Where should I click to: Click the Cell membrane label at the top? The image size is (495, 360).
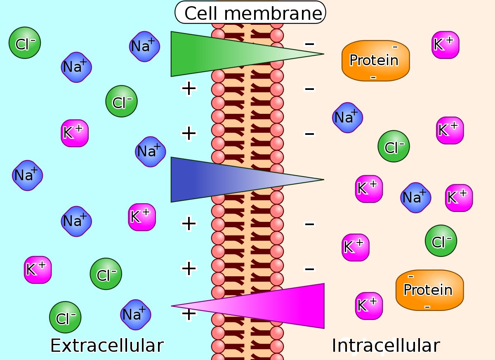point(250,13)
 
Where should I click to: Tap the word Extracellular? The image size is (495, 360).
point(107,345)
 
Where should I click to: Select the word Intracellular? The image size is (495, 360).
point(386,345)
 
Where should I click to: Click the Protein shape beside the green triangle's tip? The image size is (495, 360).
point(375,61)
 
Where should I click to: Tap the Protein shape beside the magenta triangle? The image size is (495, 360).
point(429,290)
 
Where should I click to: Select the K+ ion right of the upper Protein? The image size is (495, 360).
point(445,45)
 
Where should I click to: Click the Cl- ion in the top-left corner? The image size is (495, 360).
point(25,42)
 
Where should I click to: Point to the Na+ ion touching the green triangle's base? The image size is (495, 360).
point(144,46)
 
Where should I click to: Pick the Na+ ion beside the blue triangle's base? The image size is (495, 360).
point(150,151)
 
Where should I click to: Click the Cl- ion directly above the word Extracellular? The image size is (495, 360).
point(65,317)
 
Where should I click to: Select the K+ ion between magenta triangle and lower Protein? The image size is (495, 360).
point(369,306)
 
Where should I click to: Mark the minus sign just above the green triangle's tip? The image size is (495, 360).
point(309,43)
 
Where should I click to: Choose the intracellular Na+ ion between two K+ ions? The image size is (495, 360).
point(415,197)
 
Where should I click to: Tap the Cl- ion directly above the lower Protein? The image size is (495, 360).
point(441,240)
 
